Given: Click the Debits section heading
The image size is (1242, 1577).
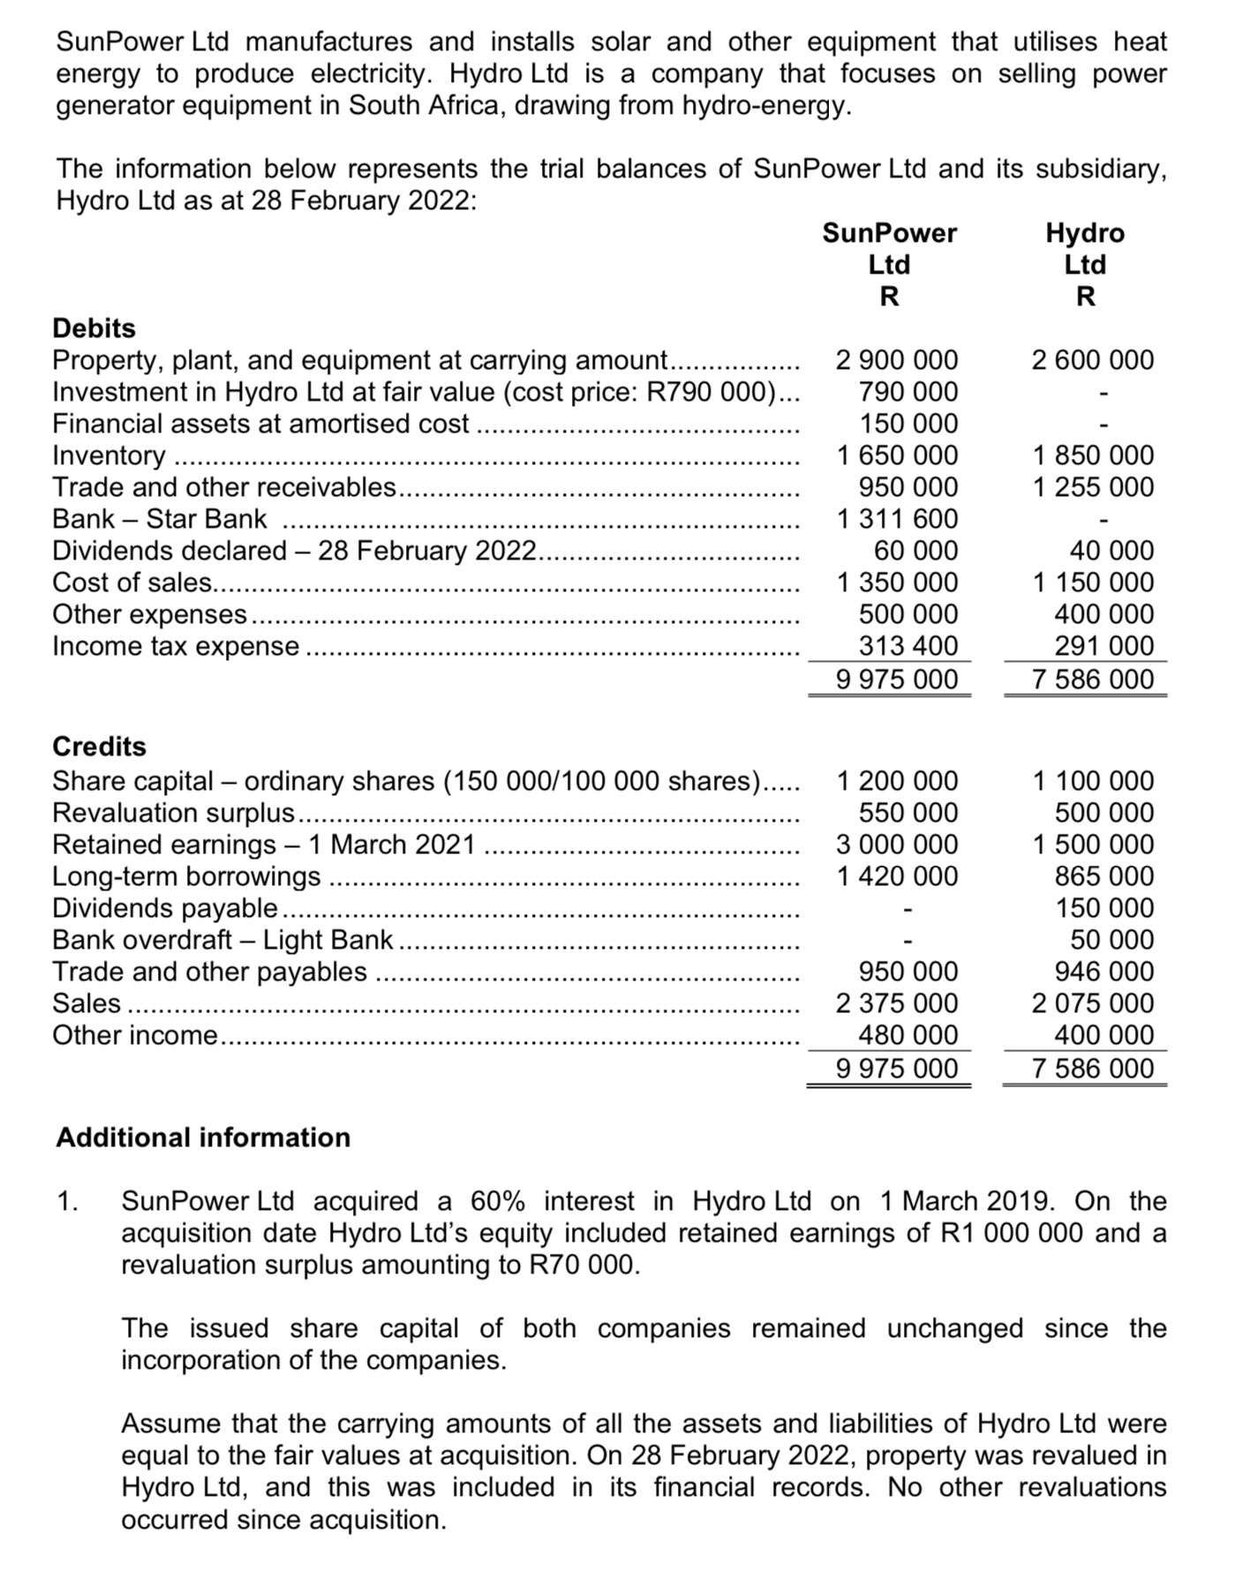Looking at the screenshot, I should pyautogui.click(x=94, y=328).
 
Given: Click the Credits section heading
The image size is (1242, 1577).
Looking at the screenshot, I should pyautogui.click(x=99, y=747).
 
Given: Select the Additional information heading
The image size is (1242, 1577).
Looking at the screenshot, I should pyautogui.click(x=203, y=1138).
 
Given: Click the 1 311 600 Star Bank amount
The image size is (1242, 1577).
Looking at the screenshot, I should pyautogui.click(x=897, y=519).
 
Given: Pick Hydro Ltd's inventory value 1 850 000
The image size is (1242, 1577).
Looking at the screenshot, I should pyautogui.click(x=1093, y=455).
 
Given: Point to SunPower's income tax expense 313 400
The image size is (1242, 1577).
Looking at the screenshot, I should pyautogui.click(x=908, y=646).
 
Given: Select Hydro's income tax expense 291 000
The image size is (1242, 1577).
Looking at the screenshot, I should pyautogui.click(x=1104, y=646).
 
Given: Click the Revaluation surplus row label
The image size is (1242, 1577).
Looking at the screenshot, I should pyautogui.click(x=174, y=813).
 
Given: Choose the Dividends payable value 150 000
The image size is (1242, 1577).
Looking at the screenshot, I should pyautogui.click(x=1104, y=908).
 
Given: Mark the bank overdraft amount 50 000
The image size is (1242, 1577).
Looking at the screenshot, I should pyautogui.click(x=1111, y=940).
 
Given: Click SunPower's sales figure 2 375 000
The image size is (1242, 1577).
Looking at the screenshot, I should pyautogui.click(x=897, y=1003).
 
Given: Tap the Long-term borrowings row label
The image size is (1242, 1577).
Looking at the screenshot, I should pyautogui.click(x=186, y=876).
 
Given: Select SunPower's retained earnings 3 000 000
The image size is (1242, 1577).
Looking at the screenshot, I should pyautogui.click(x=897, y=845).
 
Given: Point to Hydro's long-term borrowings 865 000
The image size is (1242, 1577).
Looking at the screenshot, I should pyautogui.click(x=1104, y=876).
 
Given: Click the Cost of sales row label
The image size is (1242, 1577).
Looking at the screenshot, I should pyautogui.click(x=132, y=582).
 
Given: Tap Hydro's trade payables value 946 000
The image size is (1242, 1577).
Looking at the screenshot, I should pyautogui.click(x=1104, y=972).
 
